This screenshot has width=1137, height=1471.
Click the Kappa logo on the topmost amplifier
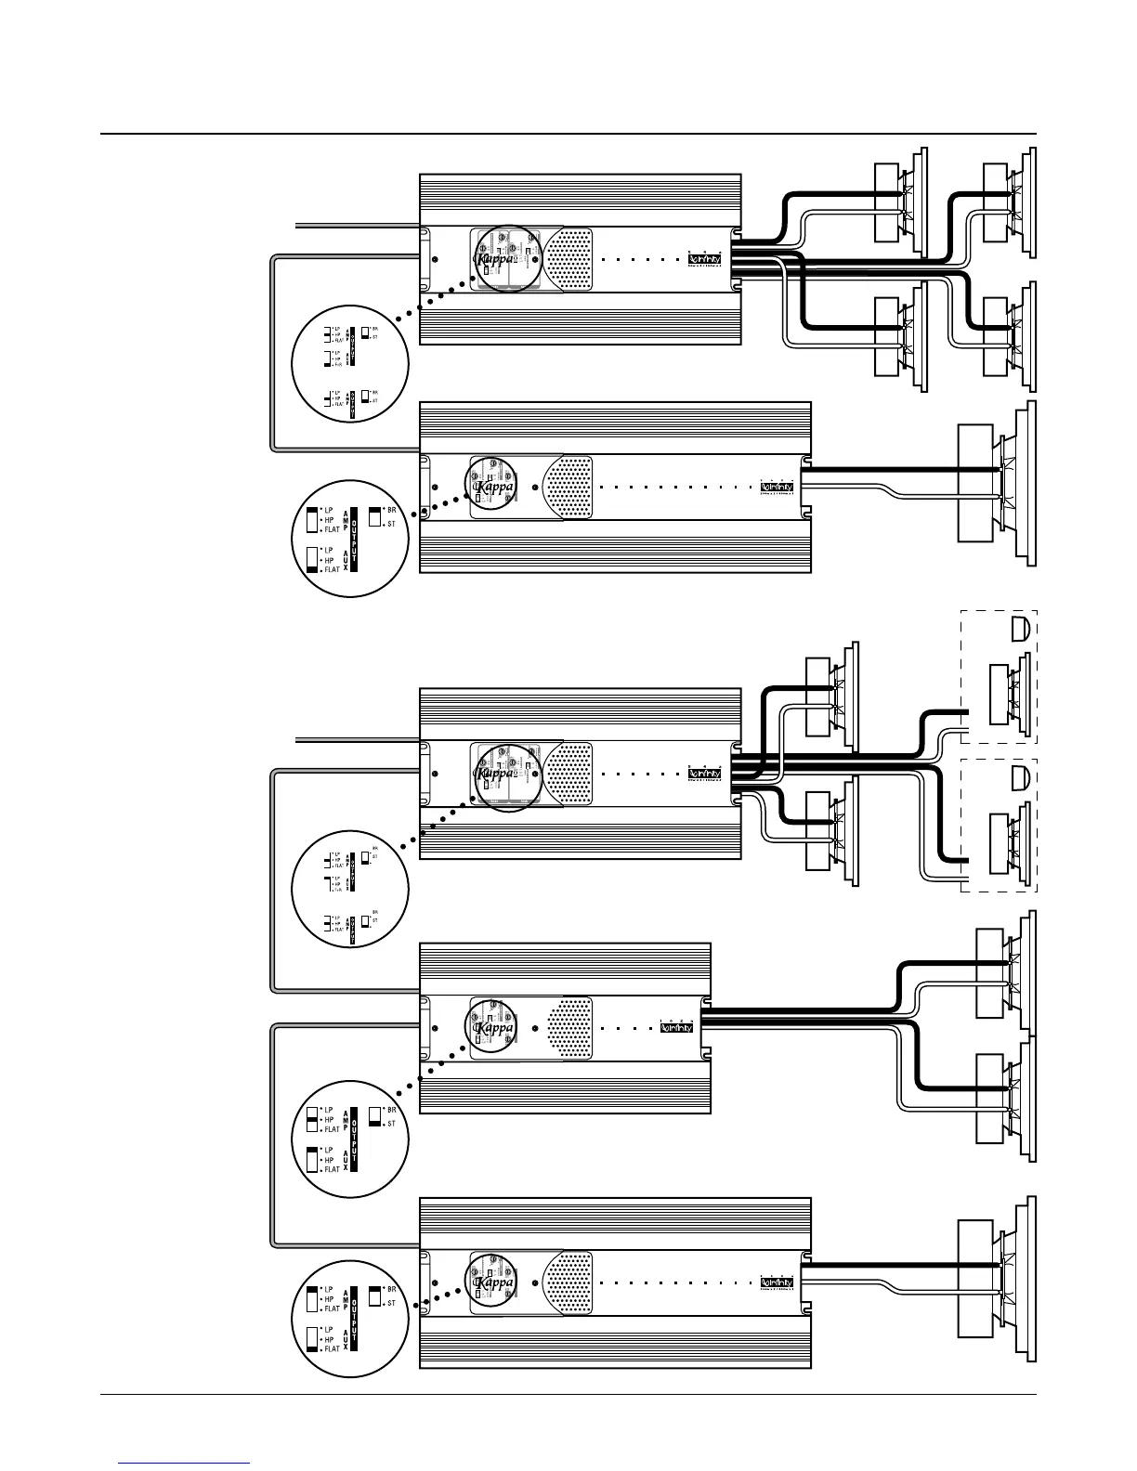pyautogui.click(x=495, y=261)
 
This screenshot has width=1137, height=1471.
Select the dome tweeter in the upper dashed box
pyautogui.click(x=1019, y=629)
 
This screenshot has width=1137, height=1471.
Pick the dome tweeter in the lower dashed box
pyautogui.click(x=1019, y=777)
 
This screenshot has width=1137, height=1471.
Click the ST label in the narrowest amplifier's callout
pyautogui.click(x=392, y=1125)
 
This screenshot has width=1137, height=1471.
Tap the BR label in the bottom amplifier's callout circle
pyautogui.click(x=392, y=1290)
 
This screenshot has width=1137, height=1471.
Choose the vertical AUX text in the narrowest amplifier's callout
pyautogui.click(x=346, y=1160)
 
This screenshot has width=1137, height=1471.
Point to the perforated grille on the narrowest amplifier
pyautogui.click(x=569, y=1027)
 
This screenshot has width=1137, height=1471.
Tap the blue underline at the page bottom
pyautogui.click(x=185, y=1463)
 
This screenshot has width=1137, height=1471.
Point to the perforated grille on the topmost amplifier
pyautogui.click(x=568, y=261)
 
